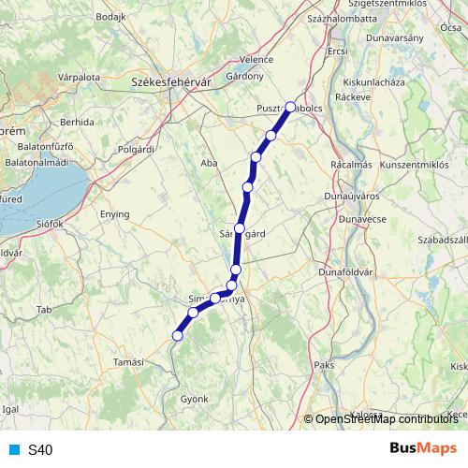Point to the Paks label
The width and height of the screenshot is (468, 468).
[x=325, y=364]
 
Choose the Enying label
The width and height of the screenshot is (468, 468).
[x=115, y=214]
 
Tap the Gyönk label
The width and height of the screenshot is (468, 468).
[x=195, y=399]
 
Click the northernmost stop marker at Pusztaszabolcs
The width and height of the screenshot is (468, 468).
[x=290, y=107]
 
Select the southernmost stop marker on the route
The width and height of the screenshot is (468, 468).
[x=177, y=335]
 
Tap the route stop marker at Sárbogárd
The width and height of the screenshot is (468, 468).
[x=241, y=228]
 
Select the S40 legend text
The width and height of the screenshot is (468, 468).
[x=40, y=449]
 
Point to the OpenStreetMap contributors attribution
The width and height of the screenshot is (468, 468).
[x=385, y=420]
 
